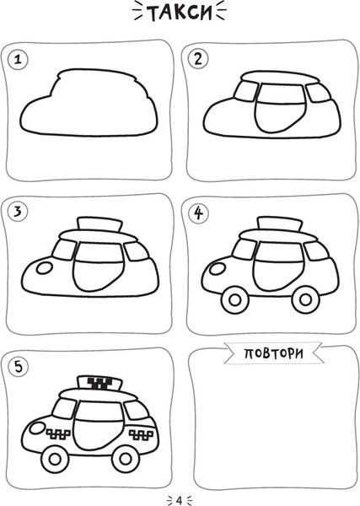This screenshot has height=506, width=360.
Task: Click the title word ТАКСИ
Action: point(180,13)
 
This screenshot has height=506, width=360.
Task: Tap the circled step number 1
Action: point(18,60)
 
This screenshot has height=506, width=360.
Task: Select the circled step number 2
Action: point(198,59)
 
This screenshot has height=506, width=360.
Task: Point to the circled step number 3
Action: point(18,212)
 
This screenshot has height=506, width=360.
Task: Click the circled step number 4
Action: point(198,213)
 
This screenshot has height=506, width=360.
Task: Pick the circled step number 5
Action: point(19,367)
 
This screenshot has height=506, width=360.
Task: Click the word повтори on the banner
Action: point(273,353)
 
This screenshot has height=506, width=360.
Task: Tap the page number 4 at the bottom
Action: point(180,500)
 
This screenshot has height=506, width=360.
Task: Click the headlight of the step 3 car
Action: point(44,268)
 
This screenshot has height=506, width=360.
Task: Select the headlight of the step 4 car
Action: point(218,268)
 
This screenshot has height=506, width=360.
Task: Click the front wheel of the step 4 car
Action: point(235,299)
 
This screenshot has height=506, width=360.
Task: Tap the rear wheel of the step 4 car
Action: point(305,299)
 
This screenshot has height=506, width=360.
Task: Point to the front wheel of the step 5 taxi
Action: point(55,459)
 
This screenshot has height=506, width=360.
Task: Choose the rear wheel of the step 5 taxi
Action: point(126,459)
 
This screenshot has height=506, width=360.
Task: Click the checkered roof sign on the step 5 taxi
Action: point(100,383)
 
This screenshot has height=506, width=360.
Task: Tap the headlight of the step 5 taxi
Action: point(37,428)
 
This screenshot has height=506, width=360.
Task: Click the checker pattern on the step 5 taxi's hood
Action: point(58,434)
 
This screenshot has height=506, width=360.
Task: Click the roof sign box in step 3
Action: point(99,224)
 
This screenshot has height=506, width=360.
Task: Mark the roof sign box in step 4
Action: point(280,224)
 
